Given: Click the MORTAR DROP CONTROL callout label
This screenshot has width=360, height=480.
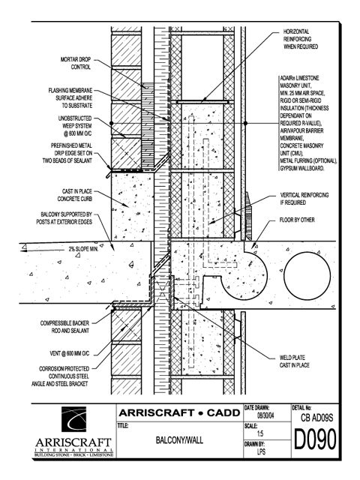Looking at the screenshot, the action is click(76, 63).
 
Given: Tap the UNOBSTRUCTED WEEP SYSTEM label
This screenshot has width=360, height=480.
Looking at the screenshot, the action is click(75, 126).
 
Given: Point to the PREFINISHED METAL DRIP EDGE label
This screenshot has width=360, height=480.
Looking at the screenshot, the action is click(67, 153).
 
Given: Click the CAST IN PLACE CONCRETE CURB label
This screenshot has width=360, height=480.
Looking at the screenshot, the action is click(75, 195).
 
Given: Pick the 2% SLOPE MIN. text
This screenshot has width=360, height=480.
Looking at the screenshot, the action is click(83, 249).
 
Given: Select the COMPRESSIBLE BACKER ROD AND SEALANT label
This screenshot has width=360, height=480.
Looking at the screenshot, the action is click(64, 327).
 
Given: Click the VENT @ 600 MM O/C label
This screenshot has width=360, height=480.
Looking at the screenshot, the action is click(70, 353).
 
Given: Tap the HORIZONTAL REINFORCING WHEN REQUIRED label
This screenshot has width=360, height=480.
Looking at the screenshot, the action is click(301, 39).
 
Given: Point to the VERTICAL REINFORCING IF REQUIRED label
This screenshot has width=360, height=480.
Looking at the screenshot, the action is click(304, 199).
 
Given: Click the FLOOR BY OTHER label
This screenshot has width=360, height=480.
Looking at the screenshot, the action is click(297, 220).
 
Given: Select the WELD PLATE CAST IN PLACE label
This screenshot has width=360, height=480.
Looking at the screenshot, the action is click(295, 361).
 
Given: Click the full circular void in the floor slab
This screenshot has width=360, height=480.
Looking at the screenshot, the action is click(307, 274).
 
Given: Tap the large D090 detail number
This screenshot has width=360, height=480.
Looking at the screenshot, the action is click(315, 439).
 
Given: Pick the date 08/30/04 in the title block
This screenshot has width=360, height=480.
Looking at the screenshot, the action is click(265, 415).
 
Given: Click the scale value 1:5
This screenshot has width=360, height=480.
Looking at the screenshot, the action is click(260, 433).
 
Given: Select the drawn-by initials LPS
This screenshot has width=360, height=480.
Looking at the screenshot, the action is click(261, 451).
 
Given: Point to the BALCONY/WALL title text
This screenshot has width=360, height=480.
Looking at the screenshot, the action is click(179, 440).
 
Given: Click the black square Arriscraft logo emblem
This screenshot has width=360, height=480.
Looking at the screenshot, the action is click(73, 419).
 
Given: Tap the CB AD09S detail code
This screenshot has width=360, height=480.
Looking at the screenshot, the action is click(316, 418).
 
